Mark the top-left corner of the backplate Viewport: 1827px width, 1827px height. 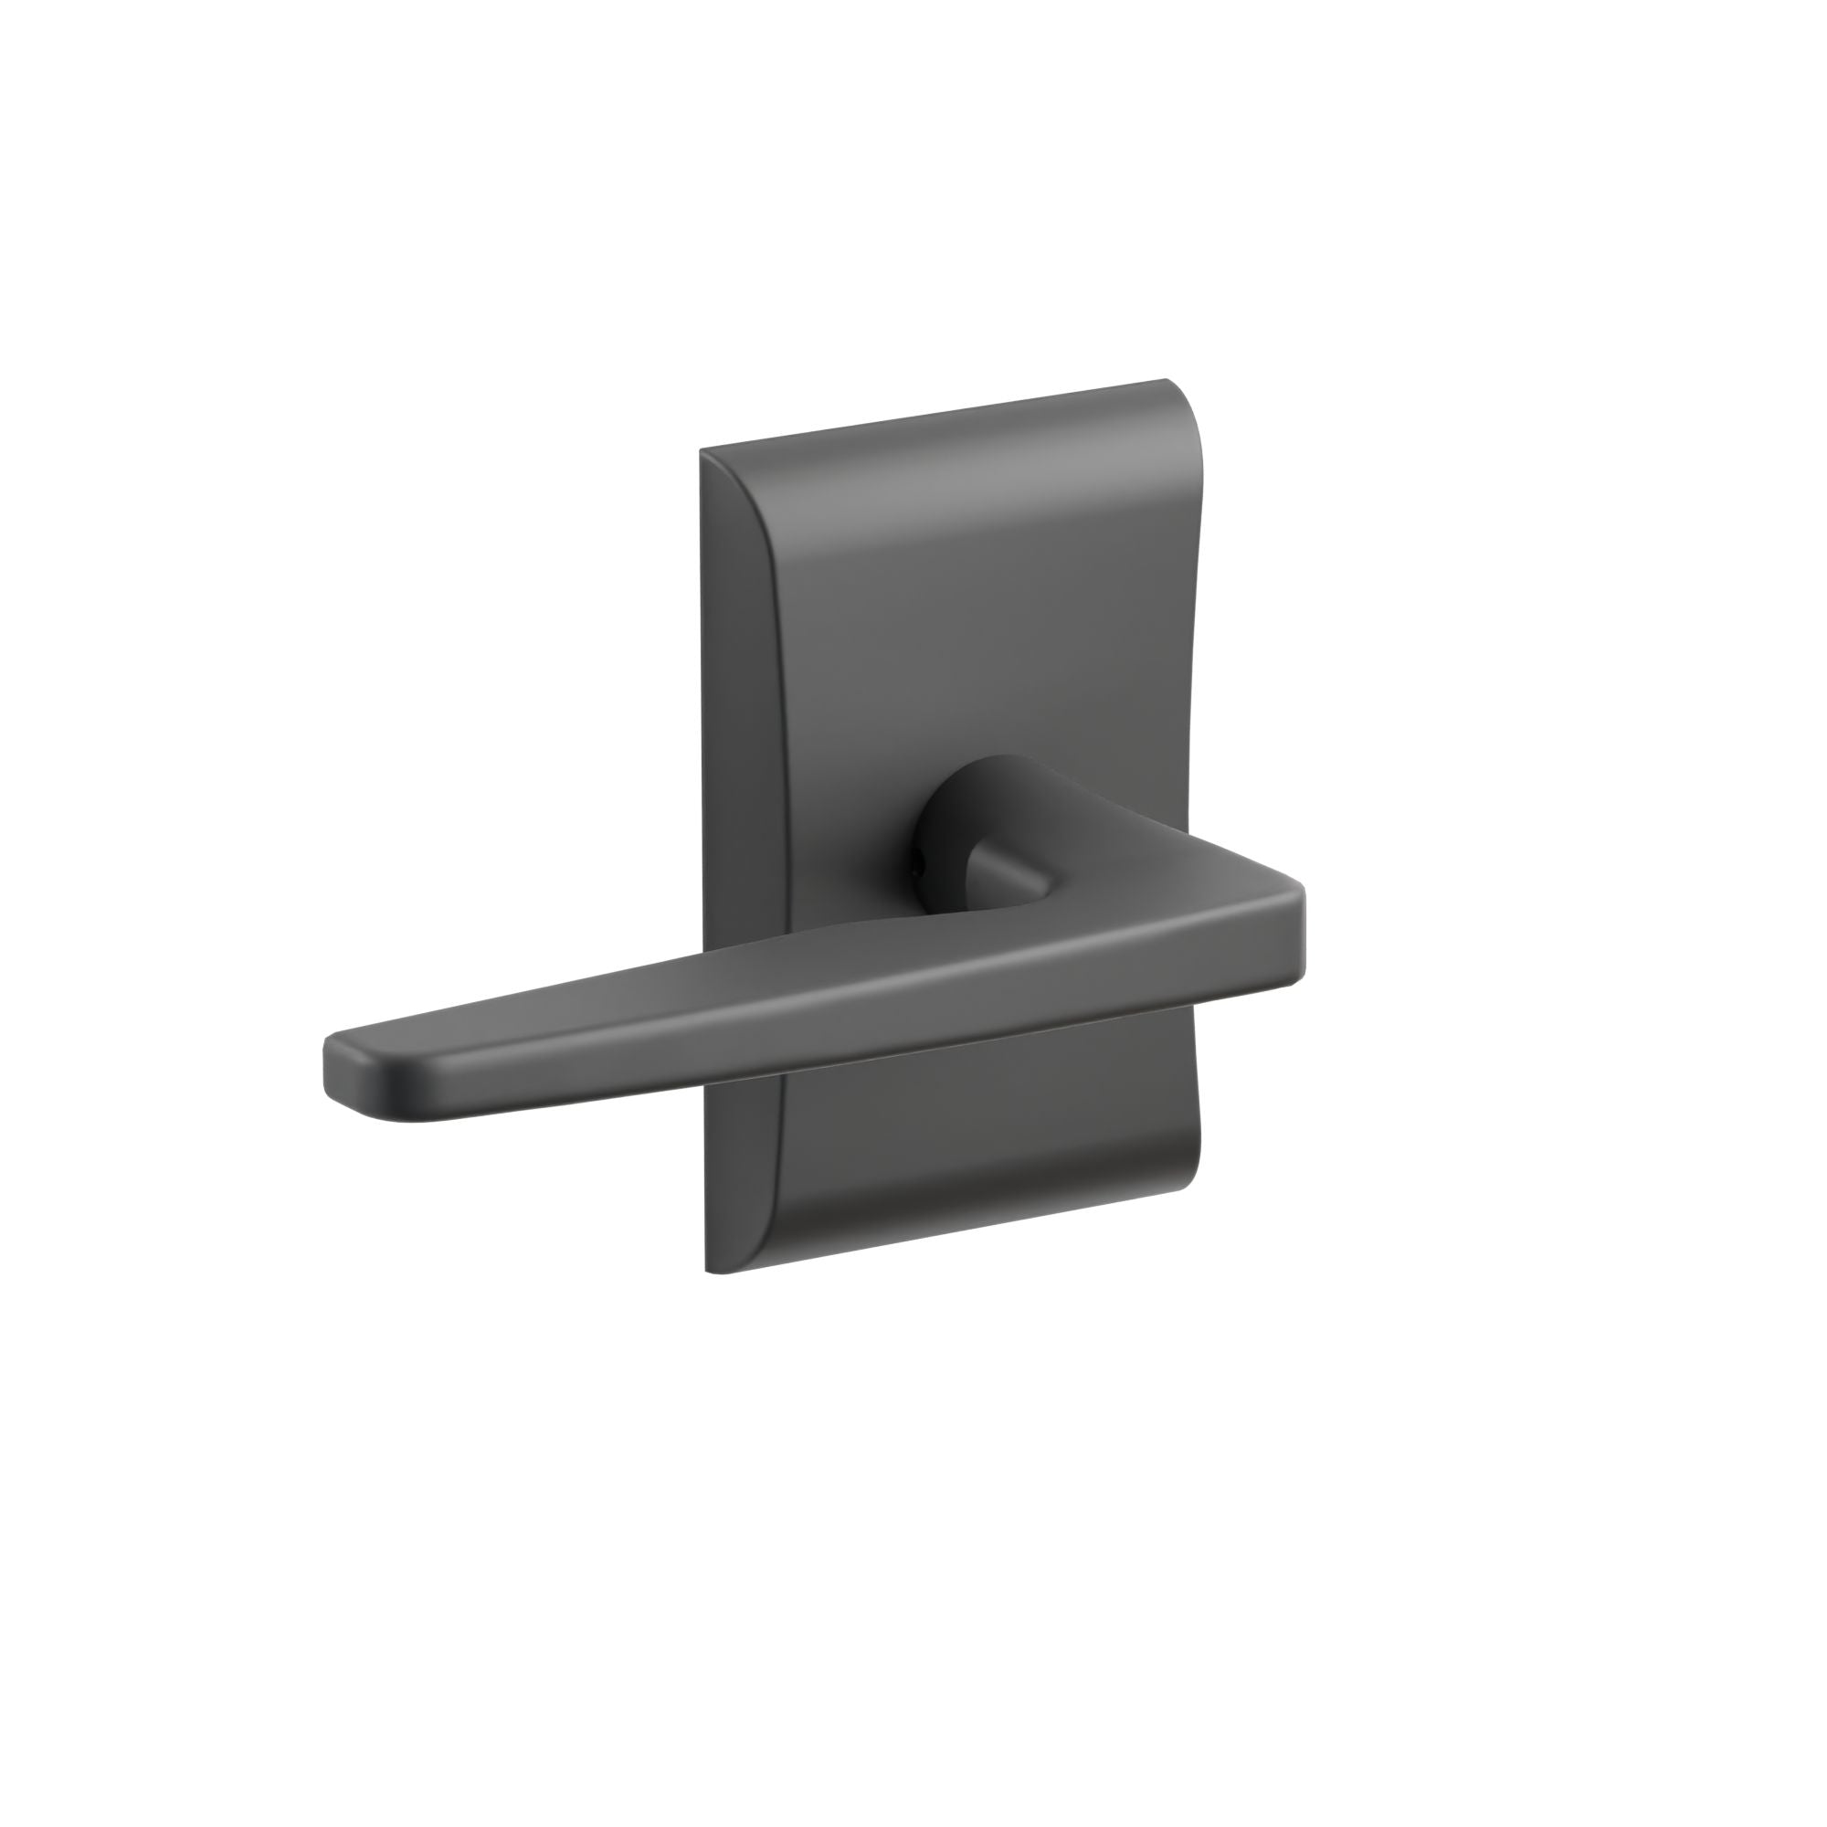tap(702, 452)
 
